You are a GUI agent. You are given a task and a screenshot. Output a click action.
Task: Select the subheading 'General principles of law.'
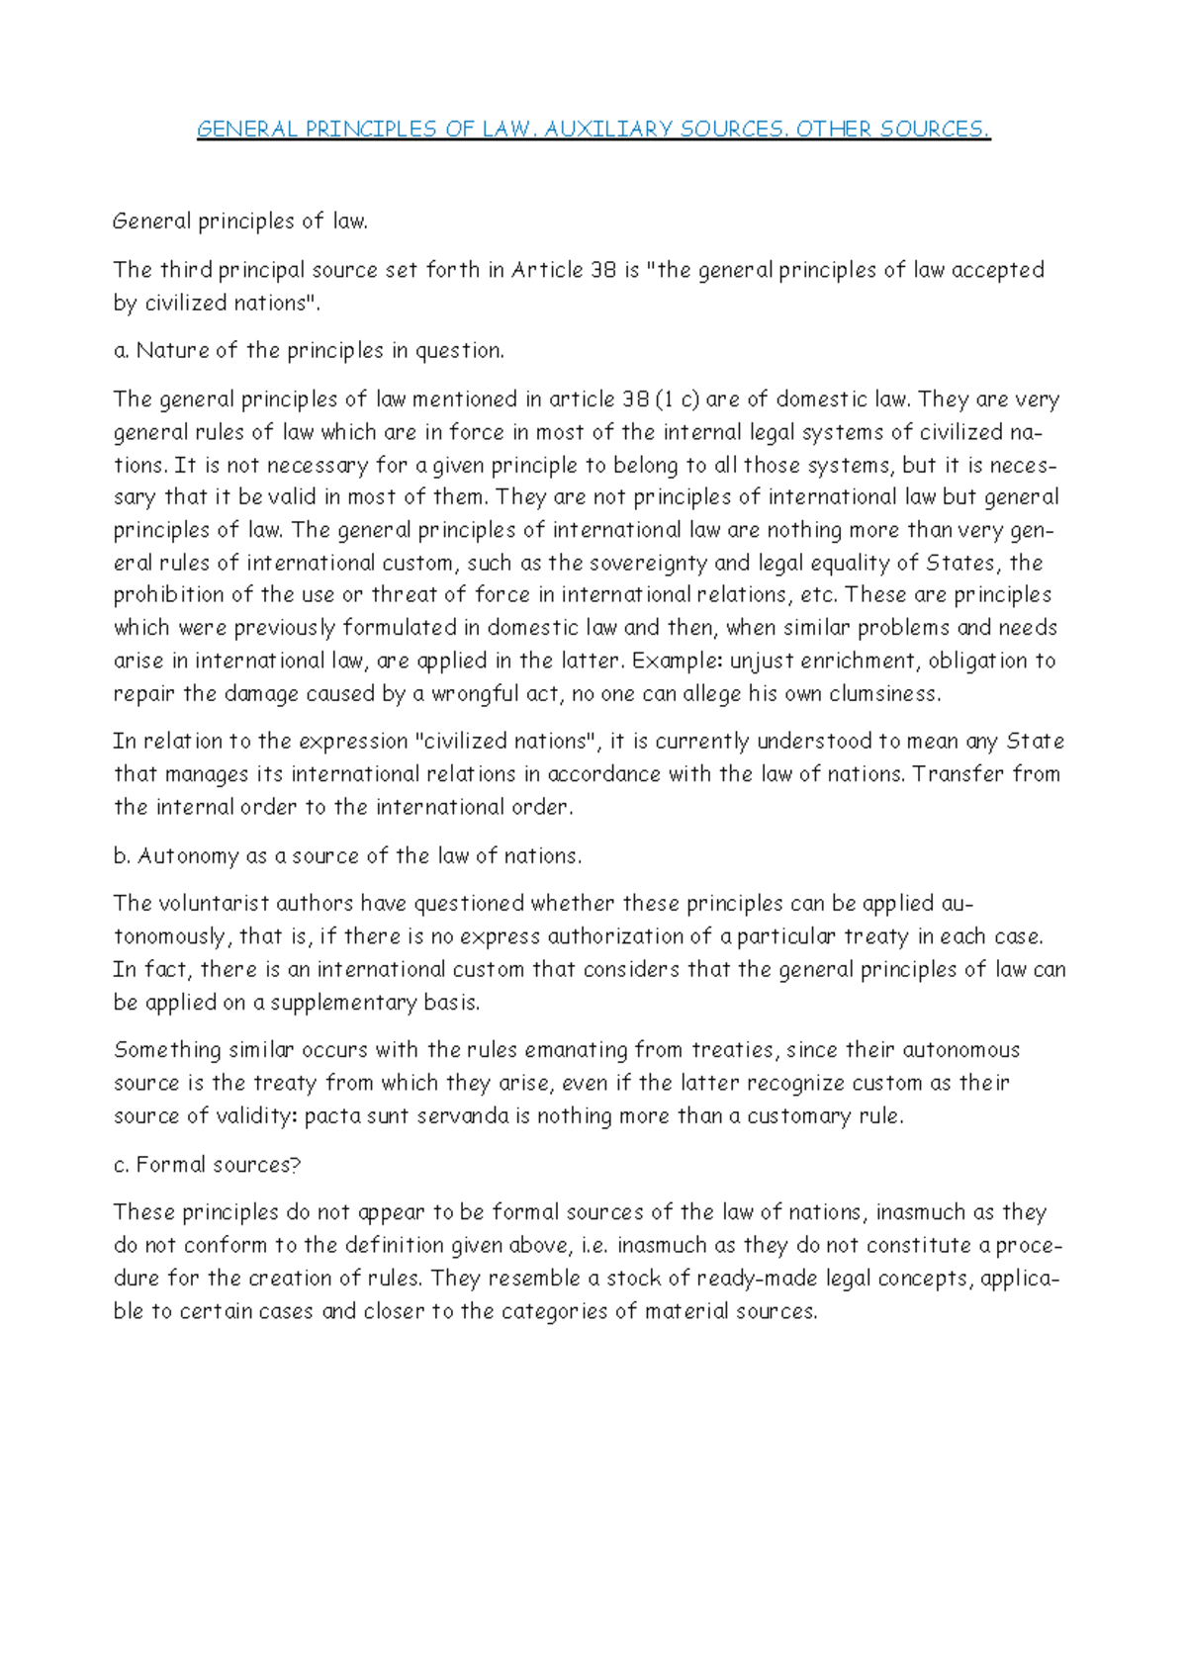pos(240,221)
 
